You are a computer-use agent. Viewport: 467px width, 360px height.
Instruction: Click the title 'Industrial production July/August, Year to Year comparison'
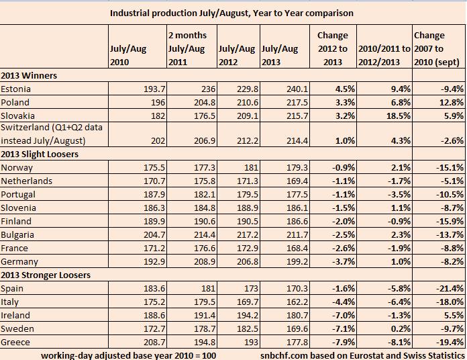coord(231,13)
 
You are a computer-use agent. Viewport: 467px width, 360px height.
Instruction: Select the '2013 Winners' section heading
coord(30,76)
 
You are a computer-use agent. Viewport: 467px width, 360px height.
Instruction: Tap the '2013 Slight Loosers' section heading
coord(40,154)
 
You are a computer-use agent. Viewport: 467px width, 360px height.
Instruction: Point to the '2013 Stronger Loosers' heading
coord(45,275)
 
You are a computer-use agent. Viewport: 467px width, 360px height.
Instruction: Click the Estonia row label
coord(17,89)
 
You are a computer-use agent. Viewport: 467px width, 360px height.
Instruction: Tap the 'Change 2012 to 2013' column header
coord(333,48)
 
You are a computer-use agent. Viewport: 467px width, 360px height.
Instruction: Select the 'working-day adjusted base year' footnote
coord(128,354)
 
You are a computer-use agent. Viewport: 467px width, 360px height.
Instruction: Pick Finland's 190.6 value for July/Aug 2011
coord(195,221)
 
